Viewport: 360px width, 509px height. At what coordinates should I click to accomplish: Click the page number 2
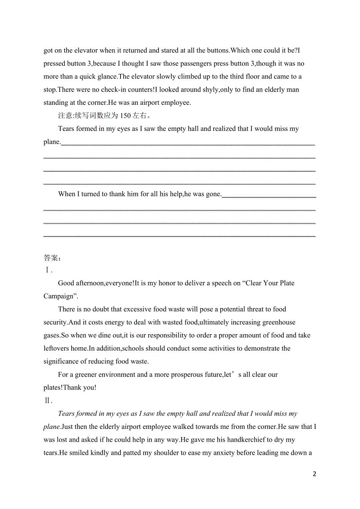pos(314,474)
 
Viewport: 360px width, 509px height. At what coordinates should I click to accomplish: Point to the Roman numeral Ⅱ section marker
pos(48,401)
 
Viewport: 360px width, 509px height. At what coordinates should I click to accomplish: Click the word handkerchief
pos(246,440)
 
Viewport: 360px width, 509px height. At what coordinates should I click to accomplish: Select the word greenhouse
pos(279,323)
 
